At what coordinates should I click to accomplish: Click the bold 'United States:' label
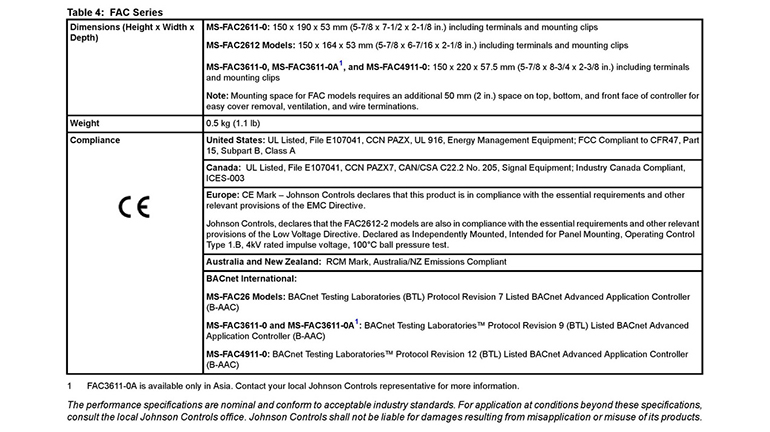point(235,140)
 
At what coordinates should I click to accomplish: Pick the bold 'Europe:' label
point(223,195)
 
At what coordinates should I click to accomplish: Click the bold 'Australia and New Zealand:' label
point(265,261)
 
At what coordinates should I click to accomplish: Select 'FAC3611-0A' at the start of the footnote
point(115,386)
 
